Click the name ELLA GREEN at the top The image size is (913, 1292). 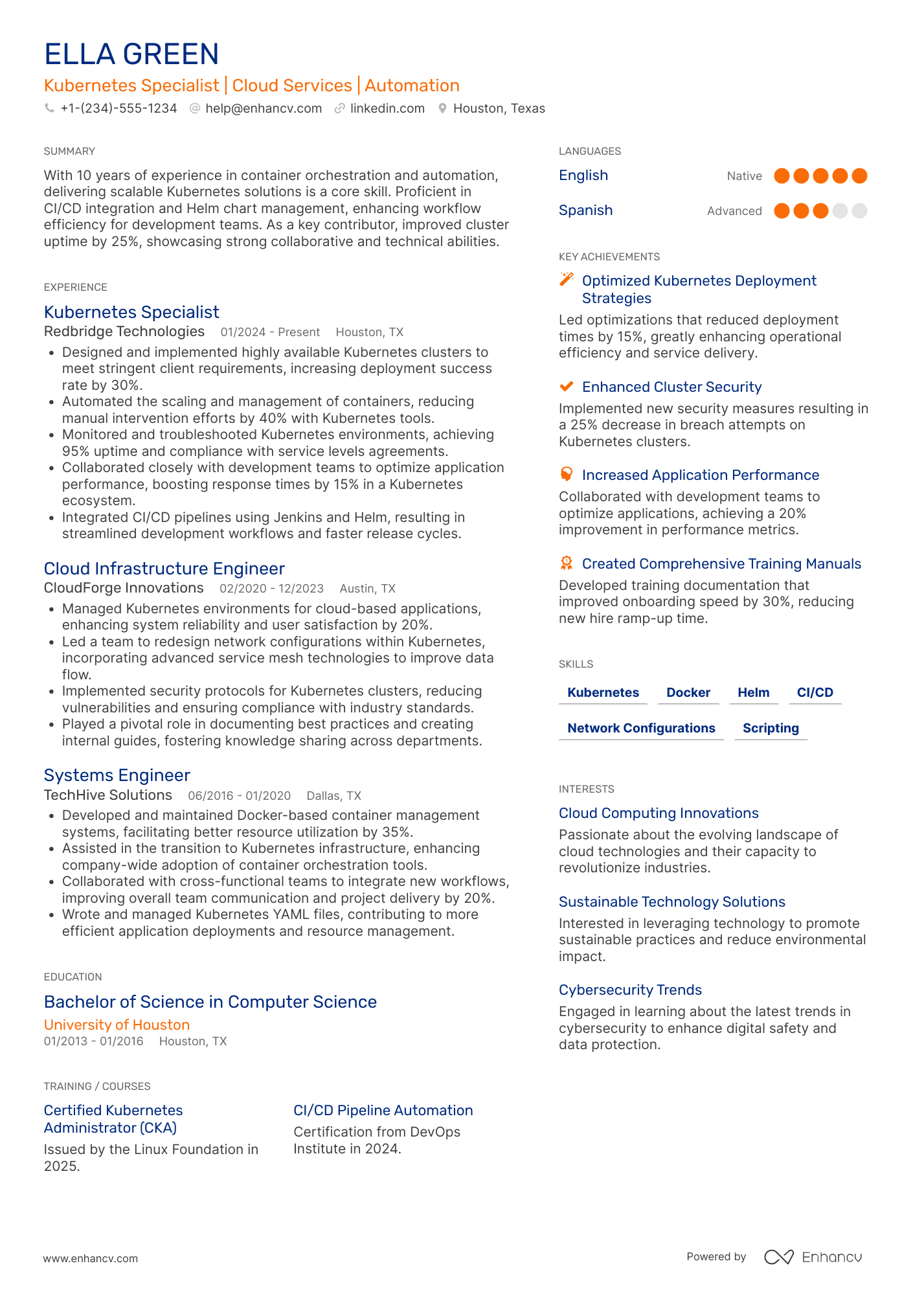(131, 54)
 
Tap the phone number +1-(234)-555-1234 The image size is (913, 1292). (118, 109)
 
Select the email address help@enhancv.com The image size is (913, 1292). (264, 109)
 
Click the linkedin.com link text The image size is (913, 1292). (387, 109)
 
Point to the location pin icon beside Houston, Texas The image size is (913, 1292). (442, 109)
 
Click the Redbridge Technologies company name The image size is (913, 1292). (124, 332)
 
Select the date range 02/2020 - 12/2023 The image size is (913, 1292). (271, 589)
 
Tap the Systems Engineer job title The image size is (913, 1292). (117, 775)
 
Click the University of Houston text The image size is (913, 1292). (117, 1025)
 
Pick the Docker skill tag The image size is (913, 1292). (688, 692)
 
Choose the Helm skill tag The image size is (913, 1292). (754, 692)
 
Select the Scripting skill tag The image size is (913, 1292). (771, 728)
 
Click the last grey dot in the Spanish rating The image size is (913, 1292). (859, 211)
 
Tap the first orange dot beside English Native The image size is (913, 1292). (782, 176)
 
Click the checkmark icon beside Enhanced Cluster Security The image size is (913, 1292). (567, 387)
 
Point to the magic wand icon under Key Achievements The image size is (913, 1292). (567, 279)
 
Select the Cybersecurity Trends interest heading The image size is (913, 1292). (630, 990)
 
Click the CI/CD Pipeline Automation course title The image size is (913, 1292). (383, 1110)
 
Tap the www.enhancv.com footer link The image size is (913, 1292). (91, 1258)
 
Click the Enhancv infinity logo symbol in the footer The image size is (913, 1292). (778, 1257)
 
